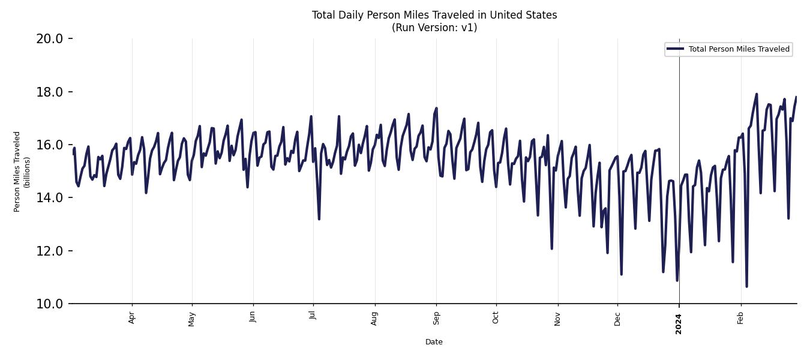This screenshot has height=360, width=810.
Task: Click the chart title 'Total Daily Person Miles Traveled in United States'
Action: coord(434,15)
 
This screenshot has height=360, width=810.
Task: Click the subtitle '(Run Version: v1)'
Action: coord(434,28)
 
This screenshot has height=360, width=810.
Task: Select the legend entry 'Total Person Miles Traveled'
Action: coord(739,49)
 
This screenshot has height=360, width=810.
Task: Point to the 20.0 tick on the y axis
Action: coord(49,39)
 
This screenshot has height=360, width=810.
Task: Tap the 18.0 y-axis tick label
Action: coord(49,92)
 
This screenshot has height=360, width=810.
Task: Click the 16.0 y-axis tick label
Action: coord(49,145)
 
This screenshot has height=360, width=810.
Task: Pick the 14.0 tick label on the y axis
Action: coord(49,197)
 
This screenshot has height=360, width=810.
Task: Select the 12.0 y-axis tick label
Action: coord(49,251)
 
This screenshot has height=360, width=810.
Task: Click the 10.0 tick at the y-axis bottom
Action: coord(49,304)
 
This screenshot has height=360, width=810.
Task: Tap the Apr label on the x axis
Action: coord(132,317)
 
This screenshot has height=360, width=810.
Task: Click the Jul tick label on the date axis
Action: coord(313,316)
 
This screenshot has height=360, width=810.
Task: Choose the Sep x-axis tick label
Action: coord(436,317)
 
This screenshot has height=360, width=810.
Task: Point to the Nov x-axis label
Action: coord(557,317)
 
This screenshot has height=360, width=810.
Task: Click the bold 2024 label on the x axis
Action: coord(679,323)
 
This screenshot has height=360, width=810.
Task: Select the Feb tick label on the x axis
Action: coord(740,317)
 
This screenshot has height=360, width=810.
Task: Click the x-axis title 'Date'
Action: coord(434,342)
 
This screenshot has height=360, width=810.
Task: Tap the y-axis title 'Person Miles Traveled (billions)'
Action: coord(22,172)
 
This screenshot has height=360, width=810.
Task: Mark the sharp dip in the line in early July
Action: coord(319,219)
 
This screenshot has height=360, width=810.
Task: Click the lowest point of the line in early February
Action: coord(746,286)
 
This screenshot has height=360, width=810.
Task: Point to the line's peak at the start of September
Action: coord(436,108)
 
